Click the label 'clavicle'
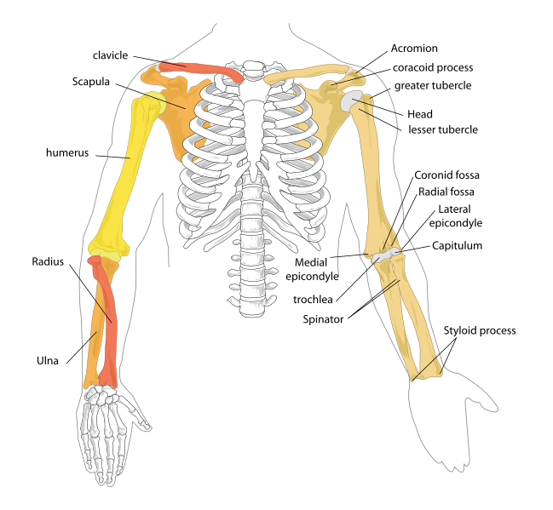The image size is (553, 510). pos(110,55)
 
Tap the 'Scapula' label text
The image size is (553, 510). pos(91,82)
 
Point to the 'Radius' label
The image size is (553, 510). pos(49,261)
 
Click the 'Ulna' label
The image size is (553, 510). pos(48,360)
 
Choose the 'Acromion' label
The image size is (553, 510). pos(414,49)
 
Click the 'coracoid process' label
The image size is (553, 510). pos(433,67)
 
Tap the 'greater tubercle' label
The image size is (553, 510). pos(433,86)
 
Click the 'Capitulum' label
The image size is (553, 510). pos(457,245)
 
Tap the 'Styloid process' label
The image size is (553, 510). pos(480,330)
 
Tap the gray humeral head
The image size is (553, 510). pos(351,103)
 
